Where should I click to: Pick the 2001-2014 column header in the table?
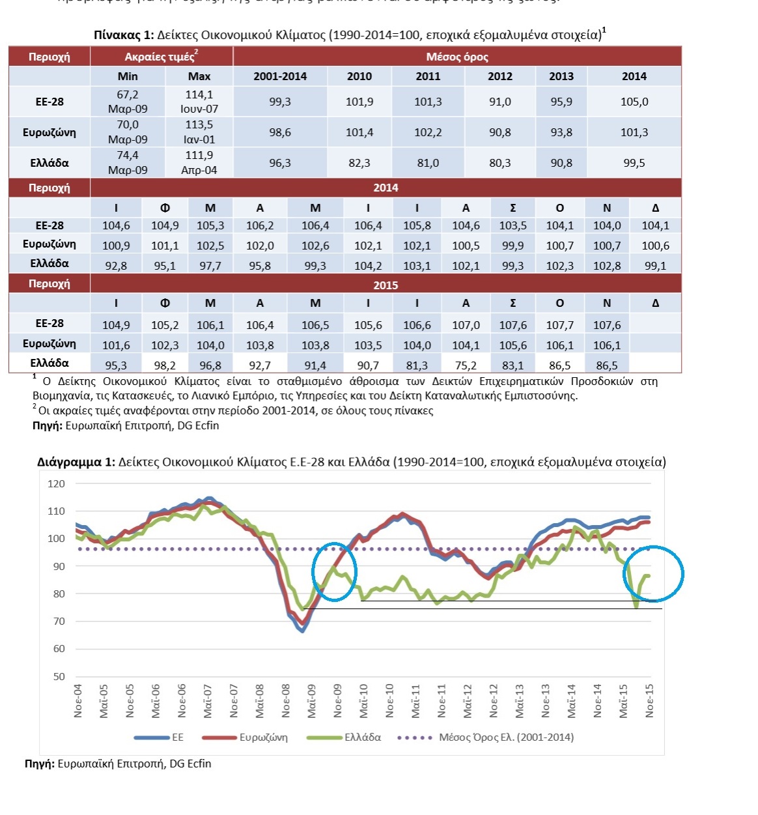[x=280, y=76]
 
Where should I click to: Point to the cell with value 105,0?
[x=634, y=102]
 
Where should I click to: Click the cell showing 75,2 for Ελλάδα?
[x=466, y=365]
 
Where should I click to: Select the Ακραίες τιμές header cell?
[x=161, y=57]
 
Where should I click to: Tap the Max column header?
[x=199, y=76]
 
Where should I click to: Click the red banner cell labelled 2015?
[x=386, y=285]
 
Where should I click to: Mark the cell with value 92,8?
[x=115, y=266]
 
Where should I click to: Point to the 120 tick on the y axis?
[x=57, y=483]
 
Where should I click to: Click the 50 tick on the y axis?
[x=59, y=676]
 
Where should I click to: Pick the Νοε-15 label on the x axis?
[x=649, y=701]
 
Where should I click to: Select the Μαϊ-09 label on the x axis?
[x=311, y=701]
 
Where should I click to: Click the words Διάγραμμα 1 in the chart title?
[x=76, y=462]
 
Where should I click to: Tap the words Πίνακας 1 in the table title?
[x=123, y=35]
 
